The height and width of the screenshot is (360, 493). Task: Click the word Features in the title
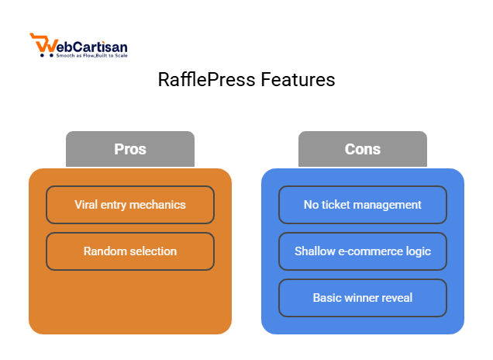pyautogui.click(x=297, y=80)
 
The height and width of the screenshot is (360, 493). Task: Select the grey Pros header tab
pyautogui.click(x=129, y=149)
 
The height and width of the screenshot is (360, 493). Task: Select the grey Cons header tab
pyautogui.click(x=362, y=149)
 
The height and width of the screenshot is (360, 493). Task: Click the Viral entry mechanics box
pyautogui.click(x=130, y=205)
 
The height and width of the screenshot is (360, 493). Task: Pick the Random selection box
pyautogui.click(x=130, y=251)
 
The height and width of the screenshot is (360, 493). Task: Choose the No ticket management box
pyautogui.click(x=363, y=205)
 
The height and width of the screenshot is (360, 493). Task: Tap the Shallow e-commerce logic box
pyautogui.click(x=363, y=251)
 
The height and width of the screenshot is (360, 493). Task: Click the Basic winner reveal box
pyautogui.click(x=363, y=298)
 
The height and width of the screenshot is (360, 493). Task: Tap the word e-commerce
pyautogui.click(x=370, y=251)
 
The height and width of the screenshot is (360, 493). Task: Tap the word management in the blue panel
pyautogui.click(x=389, y=205)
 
